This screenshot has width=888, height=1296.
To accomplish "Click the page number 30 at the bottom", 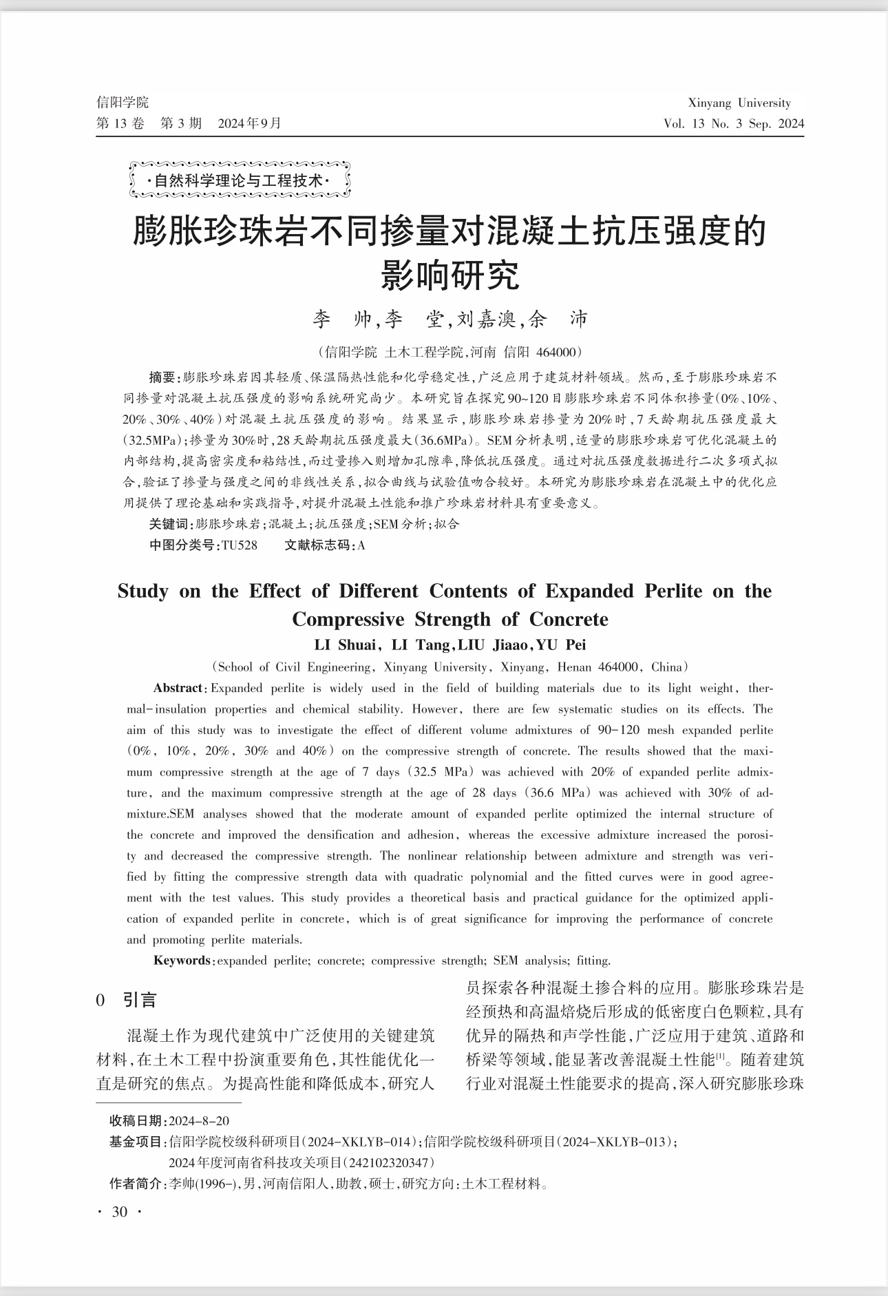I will point(119,1212).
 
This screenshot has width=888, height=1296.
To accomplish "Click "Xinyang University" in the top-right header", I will point(739,103).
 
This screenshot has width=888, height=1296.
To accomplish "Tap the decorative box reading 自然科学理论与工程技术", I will point(240,181).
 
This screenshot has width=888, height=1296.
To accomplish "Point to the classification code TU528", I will point(240,545).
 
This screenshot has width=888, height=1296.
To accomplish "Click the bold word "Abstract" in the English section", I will point(178,688).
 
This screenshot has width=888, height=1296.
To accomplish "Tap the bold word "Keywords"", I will point(182,960).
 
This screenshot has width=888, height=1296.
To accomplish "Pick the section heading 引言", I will point(140,1000).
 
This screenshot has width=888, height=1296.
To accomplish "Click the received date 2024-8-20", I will point(200,1121).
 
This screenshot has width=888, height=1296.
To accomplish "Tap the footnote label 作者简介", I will point(136,1184).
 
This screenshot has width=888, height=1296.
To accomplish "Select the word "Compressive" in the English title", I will point(348,619).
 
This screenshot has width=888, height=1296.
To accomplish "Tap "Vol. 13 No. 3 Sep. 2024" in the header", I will point(734,124).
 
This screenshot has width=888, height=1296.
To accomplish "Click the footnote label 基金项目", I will point(136,1142).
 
